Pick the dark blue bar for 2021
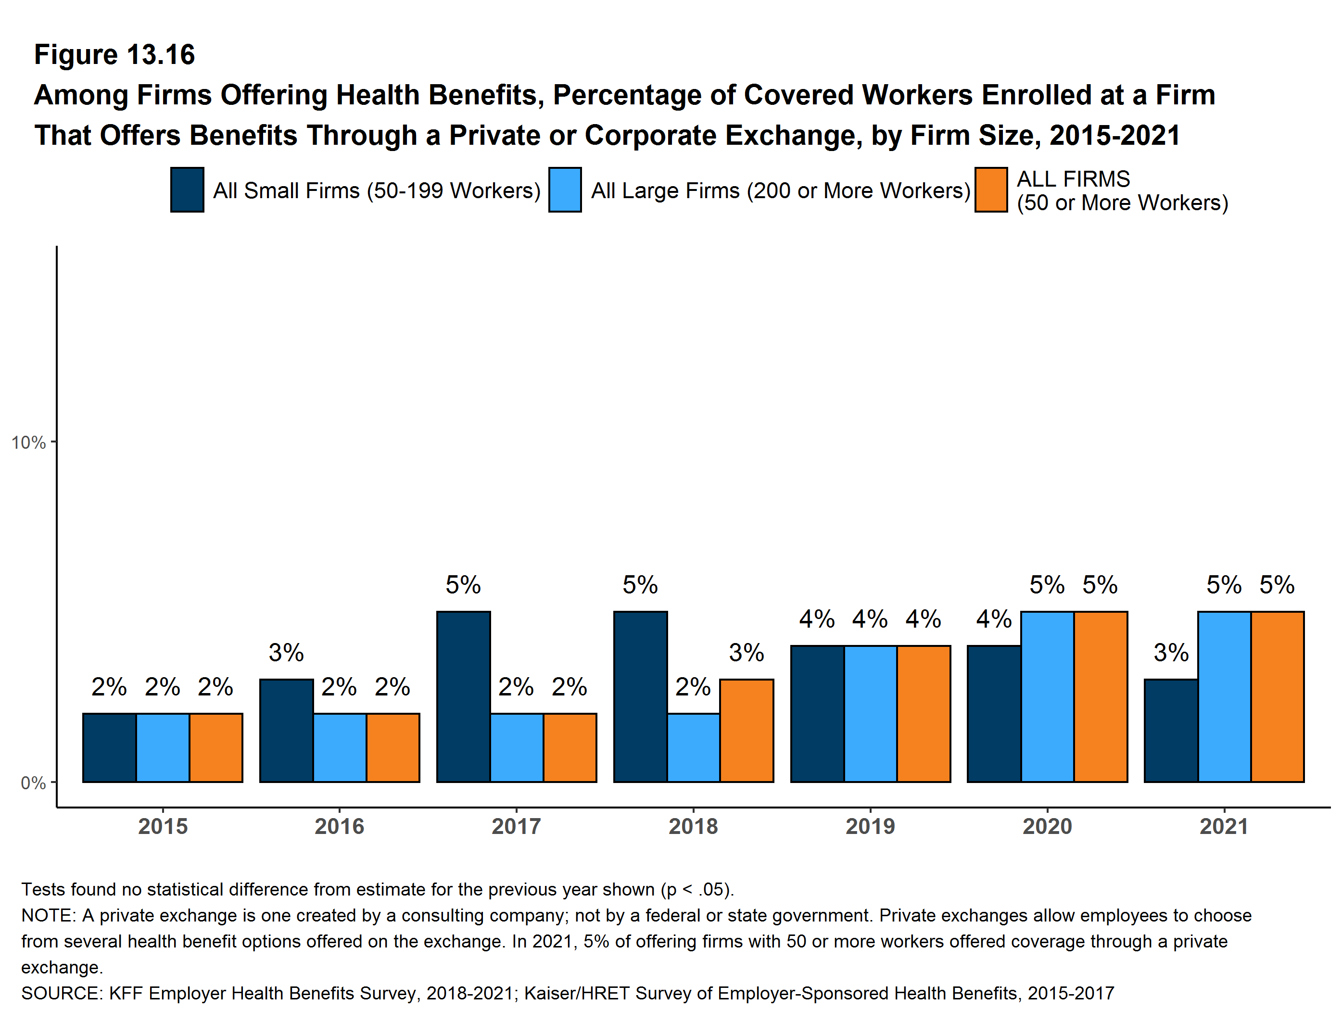tap(1170, 731)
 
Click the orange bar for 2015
tap(215, 747)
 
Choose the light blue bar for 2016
tap(339, 747)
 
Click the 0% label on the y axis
tap(33, 783)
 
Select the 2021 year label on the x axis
tap(1224, 826)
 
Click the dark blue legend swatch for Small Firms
tap(187, 190)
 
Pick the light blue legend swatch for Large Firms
tap(565, 190)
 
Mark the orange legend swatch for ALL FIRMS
tap(991, 190)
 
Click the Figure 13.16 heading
tap(114, 55)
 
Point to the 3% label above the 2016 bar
tap(286, 653)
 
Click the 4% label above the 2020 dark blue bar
tap(993, 619)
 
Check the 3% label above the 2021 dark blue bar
tap(1170, 653)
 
